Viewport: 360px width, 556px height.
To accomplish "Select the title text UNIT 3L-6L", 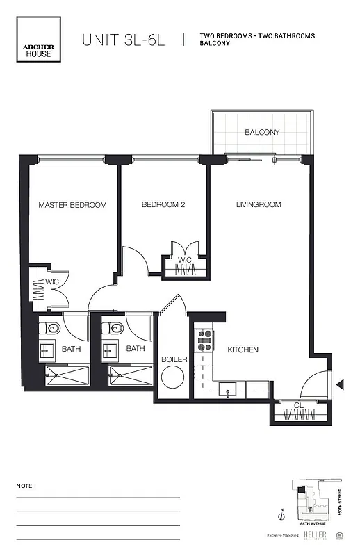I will click(x=124, y=40).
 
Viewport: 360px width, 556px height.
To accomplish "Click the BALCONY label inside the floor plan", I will click(x=262, y=132).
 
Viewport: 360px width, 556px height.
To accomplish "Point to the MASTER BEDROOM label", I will click(x=72, y=205).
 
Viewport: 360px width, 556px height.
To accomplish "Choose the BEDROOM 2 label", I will click(x=163, y=205).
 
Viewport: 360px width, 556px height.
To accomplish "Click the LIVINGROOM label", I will click(x=259, y=205).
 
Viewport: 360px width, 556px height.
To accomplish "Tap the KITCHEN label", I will click(x=243, y=350).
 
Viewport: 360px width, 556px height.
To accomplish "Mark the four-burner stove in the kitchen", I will click(x=206, y=339).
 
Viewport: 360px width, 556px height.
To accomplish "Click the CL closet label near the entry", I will click(x=297, y=404).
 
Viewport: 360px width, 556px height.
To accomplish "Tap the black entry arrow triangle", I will click(x=340, y=384).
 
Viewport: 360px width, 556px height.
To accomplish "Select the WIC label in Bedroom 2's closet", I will click(x=184, y=260).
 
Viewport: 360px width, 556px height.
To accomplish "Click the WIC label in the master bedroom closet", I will click(x=51, y=281).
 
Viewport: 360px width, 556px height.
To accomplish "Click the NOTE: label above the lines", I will click(x=25, y=486).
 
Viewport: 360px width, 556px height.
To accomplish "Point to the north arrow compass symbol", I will click(x=279, y=516).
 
